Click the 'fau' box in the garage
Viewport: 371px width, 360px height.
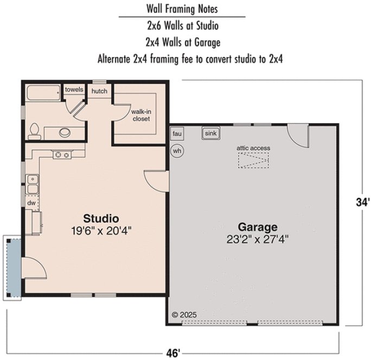coord(177,134)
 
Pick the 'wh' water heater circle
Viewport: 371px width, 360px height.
coord(177,151)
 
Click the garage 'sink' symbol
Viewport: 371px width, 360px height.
coord(210,133)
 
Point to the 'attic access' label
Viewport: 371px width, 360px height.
coord(253,148)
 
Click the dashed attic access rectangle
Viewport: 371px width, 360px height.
coord(253,160)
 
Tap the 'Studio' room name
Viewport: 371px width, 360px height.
coord(101,218)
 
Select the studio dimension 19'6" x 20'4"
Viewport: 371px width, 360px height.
coord(101,230)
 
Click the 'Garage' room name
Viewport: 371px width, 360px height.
coord(258,227)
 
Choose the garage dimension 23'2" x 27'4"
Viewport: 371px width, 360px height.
coord(258,239)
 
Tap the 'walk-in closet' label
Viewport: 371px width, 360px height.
coord(140,115)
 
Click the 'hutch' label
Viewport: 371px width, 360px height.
coord(99,91)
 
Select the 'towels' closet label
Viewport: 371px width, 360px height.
coord(74,89)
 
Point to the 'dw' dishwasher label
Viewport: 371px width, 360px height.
coord(32,203)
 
